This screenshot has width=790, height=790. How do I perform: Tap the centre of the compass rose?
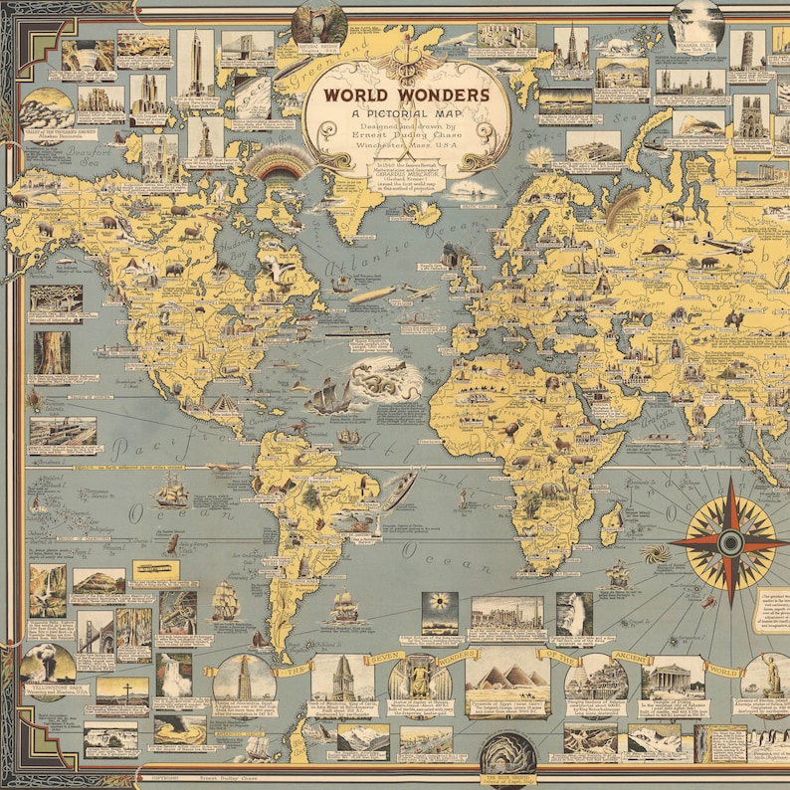[731, 541]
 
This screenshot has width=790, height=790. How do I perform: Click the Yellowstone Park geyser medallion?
[47, 664]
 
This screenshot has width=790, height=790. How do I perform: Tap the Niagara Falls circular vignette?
[695, 22]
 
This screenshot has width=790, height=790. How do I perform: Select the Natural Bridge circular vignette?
[318, 25]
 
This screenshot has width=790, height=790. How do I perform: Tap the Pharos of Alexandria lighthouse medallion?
[243, 677]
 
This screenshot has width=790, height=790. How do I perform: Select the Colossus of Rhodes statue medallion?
[768, 677]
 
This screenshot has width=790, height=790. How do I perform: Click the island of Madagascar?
[612, 521]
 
